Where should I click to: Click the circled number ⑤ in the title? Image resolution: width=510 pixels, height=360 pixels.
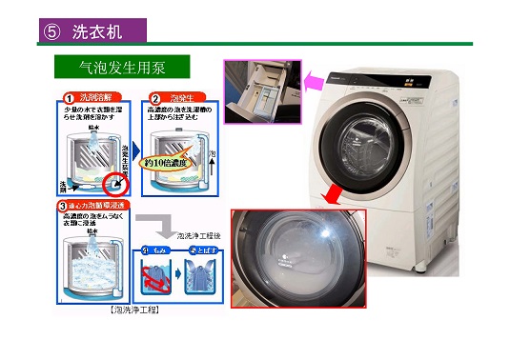pos(51,30)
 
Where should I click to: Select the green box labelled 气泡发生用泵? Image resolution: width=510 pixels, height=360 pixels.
pos(121,68)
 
